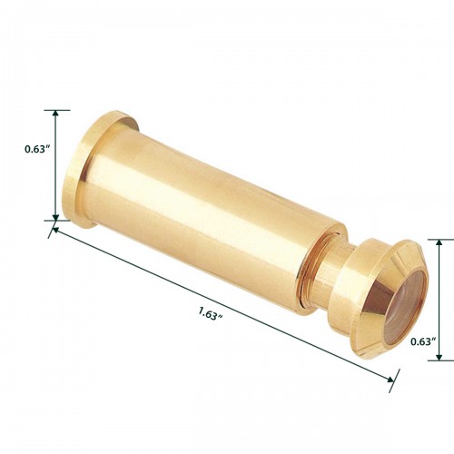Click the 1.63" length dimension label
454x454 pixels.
pyautogui.click(x=210, y=314)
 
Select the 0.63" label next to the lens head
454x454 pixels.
pyautogui.click(x=424, y=342)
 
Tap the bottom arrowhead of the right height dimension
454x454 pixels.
pyautogui.click(x=439, y=356)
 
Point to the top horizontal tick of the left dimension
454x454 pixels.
pyautogui.click(x=56, y=111)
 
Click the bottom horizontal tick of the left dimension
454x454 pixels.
pyautogui.click(x=56, y=220)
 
